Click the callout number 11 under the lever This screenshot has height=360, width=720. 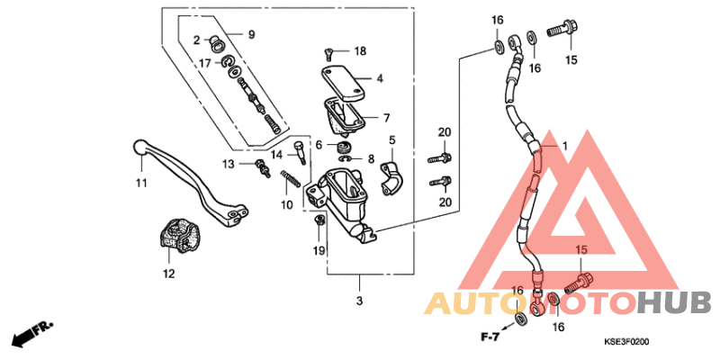point(141,184)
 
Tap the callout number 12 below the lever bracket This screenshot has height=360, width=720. point(167,273)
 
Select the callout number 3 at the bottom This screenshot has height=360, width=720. point(358,300)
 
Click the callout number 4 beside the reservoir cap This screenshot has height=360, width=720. point(380,79)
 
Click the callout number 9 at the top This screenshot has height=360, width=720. point(251,35)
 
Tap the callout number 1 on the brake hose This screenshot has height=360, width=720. point(565,146)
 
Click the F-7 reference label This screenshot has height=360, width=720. point(490,337)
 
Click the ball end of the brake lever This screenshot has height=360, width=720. point(139,145)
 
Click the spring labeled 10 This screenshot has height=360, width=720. point(290,180)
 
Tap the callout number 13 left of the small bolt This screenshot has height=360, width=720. point(229,164)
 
